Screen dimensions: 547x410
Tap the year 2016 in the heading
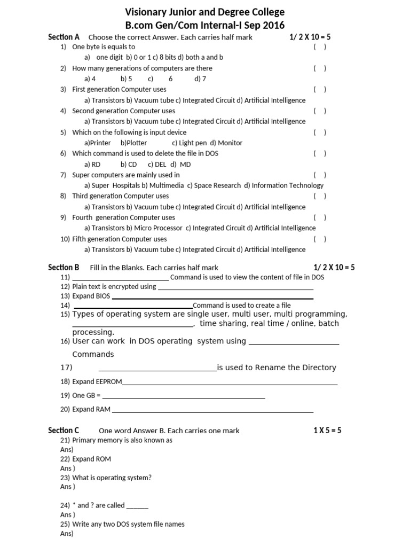[x=273, y=25]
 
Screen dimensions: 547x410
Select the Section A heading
[x=64, y=37]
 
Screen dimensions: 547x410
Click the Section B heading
[x=64, y=267]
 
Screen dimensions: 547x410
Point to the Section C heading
[x=64, y=430]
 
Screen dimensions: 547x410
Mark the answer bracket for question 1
[x=320, y=47]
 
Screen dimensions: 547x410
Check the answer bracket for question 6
[x=320, y=153]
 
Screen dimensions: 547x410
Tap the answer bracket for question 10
[x=320, y=239]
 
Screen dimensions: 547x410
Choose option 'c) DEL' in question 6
[x=157, y=164]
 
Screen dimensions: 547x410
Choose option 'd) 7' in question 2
[x=200, y=79]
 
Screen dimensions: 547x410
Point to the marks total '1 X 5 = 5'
[x=327, y=430]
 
